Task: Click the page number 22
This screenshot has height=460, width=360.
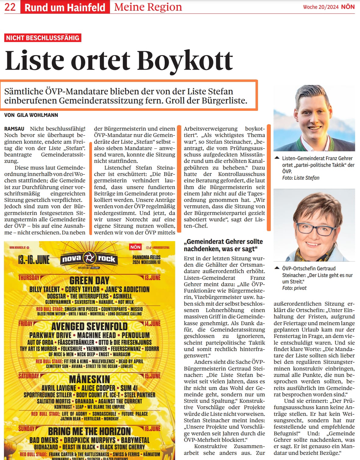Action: [x=10, y=7]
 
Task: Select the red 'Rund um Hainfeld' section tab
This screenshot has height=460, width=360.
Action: [x=65, y=7]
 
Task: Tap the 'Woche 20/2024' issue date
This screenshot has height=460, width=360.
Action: [x=320, y=7]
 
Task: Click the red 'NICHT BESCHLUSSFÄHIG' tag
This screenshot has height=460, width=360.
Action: [x=43, y=38]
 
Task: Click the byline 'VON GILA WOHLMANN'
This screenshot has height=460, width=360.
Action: [x=31, y=115]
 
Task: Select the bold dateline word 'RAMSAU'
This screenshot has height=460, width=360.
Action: [x=14, y=129]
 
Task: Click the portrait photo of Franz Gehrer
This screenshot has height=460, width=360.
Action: [x=314, y=118]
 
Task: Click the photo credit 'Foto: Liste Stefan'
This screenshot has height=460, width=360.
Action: [x=301, y=178]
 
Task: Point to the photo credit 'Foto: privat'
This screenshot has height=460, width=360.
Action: [x=294, y=288]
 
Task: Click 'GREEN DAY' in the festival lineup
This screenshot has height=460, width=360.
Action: [x=89, y=280]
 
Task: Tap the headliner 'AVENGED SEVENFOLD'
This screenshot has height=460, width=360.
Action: [x=89, y=326]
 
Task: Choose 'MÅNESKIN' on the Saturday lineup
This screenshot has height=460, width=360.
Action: [x=89, y=379]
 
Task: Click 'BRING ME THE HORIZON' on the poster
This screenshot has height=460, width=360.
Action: [x=89, y=431]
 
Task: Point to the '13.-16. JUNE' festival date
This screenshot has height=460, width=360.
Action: [x=34, y=260]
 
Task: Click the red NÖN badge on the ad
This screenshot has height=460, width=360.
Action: [x=135, y=247]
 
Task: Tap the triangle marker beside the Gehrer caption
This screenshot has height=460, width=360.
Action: [x=277, y=158]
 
